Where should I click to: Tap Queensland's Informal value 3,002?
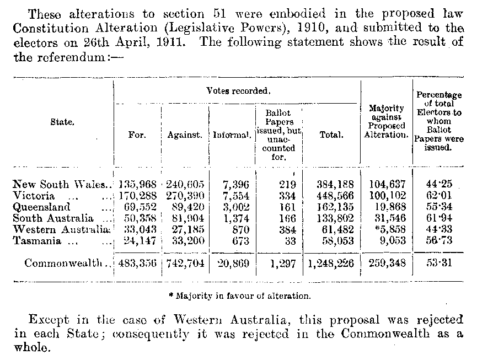[x=237, y=207]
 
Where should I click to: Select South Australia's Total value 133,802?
[x=331, y=218]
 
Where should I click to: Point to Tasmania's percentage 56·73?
[x=438, y=240]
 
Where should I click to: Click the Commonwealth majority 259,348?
[x=386, y=263]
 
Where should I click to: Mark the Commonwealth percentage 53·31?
[x=438, y=263]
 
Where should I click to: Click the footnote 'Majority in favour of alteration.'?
[x=239, y=295]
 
